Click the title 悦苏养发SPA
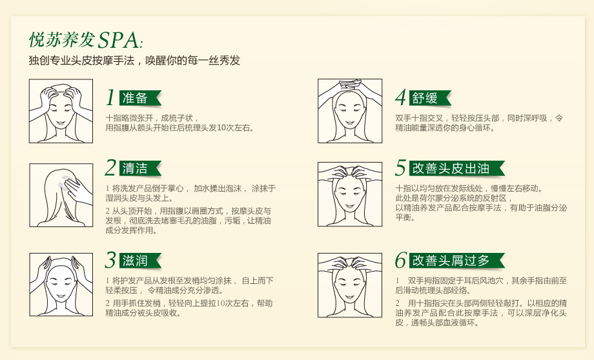tap(86, 41)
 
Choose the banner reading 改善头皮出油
tap(457, 168)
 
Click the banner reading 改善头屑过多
tap(457, 261)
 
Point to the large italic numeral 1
tap(110, 97)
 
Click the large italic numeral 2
tap(110, 168)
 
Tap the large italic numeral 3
tap(110, 260)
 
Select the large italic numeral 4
tap(401, 97)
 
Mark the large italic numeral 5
tap(401, 168)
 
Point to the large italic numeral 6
tap(401, 260)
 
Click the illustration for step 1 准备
tap(61, 111)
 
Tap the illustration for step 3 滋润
tap(61, 285)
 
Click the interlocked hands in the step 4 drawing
tap(350, 86)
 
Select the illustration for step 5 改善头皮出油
tap(350, 194)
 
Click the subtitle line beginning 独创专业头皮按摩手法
tap(134, 61)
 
